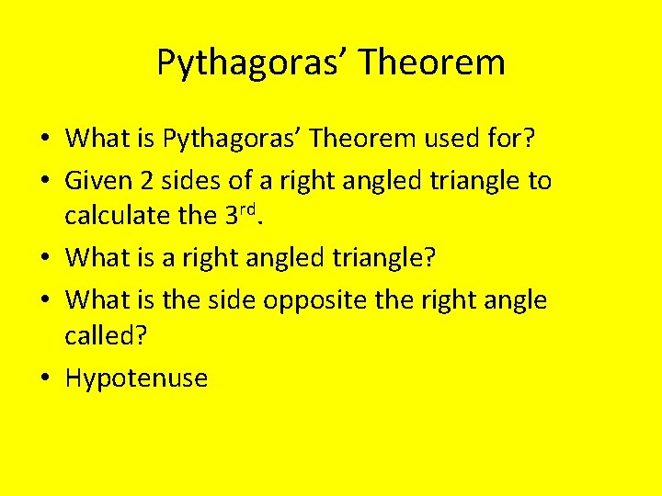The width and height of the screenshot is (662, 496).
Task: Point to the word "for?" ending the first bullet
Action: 520,139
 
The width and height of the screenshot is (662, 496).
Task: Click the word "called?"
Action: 106,336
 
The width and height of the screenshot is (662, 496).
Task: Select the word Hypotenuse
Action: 137,378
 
